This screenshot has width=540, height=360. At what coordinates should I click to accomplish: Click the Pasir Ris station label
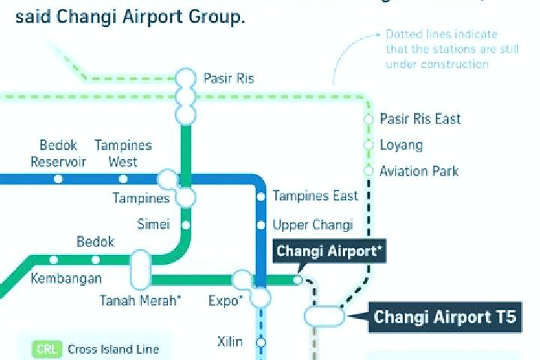[229, 78]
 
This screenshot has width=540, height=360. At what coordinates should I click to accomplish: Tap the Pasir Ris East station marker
[368, 119]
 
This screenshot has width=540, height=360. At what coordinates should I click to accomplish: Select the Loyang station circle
[368, 145]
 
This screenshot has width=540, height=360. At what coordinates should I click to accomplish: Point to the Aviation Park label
[419, 171]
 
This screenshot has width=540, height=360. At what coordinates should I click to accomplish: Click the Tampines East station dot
[261, 196]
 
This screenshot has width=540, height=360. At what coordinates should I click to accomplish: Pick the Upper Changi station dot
[261, 225]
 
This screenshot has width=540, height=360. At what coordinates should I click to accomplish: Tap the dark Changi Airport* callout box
[329, 251]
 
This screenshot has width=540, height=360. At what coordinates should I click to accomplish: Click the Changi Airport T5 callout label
[445, 317]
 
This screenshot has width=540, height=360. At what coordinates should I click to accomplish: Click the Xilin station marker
[261, 343]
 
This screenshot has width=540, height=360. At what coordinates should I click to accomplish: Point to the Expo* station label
[226, 301]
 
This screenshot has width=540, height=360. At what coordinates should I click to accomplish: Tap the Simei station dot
[186, 225]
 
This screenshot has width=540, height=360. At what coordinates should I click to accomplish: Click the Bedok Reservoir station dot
[58, 178]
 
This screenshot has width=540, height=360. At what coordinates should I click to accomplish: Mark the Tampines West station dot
[123, 178]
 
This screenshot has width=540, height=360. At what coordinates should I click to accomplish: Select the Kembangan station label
[66, 278]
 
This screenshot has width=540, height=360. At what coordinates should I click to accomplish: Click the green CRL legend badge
[46, 349]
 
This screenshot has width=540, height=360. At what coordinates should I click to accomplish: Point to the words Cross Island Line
[113, 349]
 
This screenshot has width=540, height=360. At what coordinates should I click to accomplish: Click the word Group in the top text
[217, 16]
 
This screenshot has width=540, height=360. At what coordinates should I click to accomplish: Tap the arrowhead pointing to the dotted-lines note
[378, 34]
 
